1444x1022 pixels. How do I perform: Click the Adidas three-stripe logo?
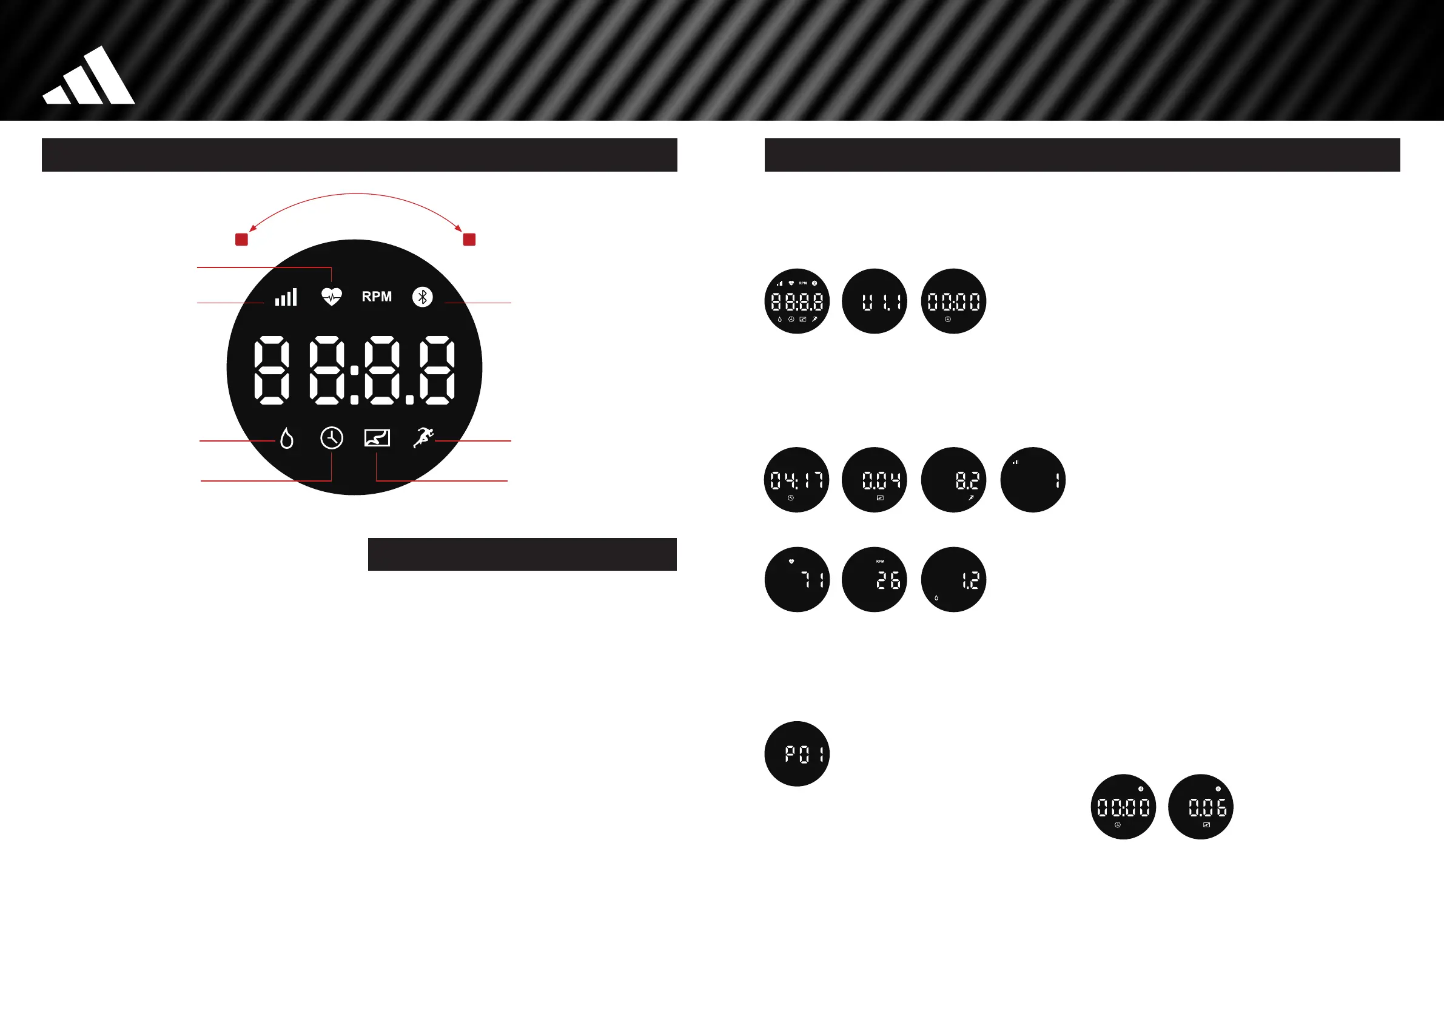[x=88, y=77]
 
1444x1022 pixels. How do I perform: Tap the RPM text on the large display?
[x=376, y=297]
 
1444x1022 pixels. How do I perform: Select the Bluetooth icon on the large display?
[x=422, y=297]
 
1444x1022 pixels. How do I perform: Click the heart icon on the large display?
[x=332, y=296]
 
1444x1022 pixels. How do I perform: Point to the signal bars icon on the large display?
[x=286, y=297]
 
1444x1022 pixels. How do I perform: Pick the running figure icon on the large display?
[x=423, y=437]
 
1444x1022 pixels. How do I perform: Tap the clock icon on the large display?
[x=332, y=437]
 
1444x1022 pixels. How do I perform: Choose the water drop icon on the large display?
[x=286, y=438]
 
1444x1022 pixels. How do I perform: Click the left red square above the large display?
[x=241, y=239]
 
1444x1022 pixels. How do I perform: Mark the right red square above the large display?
[x=469, y=239]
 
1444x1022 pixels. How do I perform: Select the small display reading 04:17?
[x=796, y=480]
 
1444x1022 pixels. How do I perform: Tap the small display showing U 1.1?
[x=875, y=301]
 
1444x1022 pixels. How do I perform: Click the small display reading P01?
[x=797, y=753]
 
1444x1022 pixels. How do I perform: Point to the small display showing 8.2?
[x=953, y=480]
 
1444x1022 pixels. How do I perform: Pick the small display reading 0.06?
[x=1200, y=806]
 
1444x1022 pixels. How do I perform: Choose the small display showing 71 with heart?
[x=797, y=579]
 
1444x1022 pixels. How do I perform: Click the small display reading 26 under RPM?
[x=875, y=579]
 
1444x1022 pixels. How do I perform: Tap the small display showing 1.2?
[x=953, y=579]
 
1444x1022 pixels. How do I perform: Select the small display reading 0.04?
[x=875, y=480]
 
